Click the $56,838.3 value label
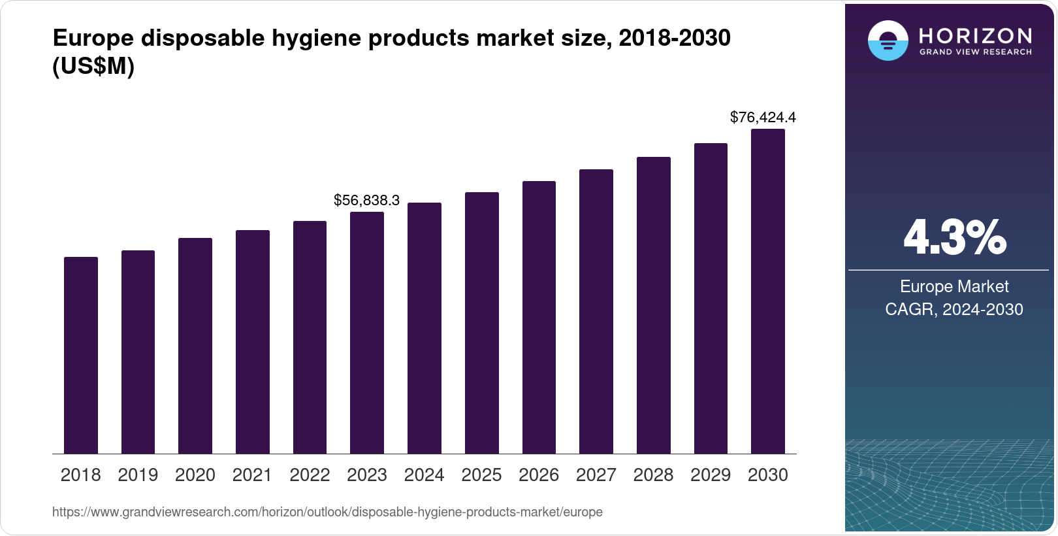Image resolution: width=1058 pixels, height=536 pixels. click(x=366, y=201)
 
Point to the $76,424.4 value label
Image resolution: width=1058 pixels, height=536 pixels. click(x=763, y=118)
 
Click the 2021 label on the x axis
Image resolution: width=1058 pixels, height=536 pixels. click(x=252, y=475)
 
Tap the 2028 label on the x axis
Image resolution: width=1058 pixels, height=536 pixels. click(x=653, y=475)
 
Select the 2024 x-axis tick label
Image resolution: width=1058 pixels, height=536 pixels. click(x=424, y=475)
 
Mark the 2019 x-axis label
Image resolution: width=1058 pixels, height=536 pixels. click(x=138, y=475)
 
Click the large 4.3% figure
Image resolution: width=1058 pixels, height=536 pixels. click(x=954, y=238)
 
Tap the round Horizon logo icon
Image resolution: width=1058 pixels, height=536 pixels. click(x=888, y=41)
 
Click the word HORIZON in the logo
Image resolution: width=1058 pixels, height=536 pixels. click(x=975, y=35)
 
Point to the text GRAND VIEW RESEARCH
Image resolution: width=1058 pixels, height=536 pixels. click(x=975, y=52)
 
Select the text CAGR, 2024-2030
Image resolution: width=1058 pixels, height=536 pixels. click(x=954, y=309)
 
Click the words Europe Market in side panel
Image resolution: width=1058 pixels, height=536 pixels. click(x=954, y=286)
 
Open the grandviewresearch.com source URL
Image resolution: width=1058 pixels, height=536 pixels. click(x=327, y=512)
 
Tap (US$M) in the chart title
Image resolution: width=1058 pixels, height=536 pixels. click(x=93, y=66)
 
